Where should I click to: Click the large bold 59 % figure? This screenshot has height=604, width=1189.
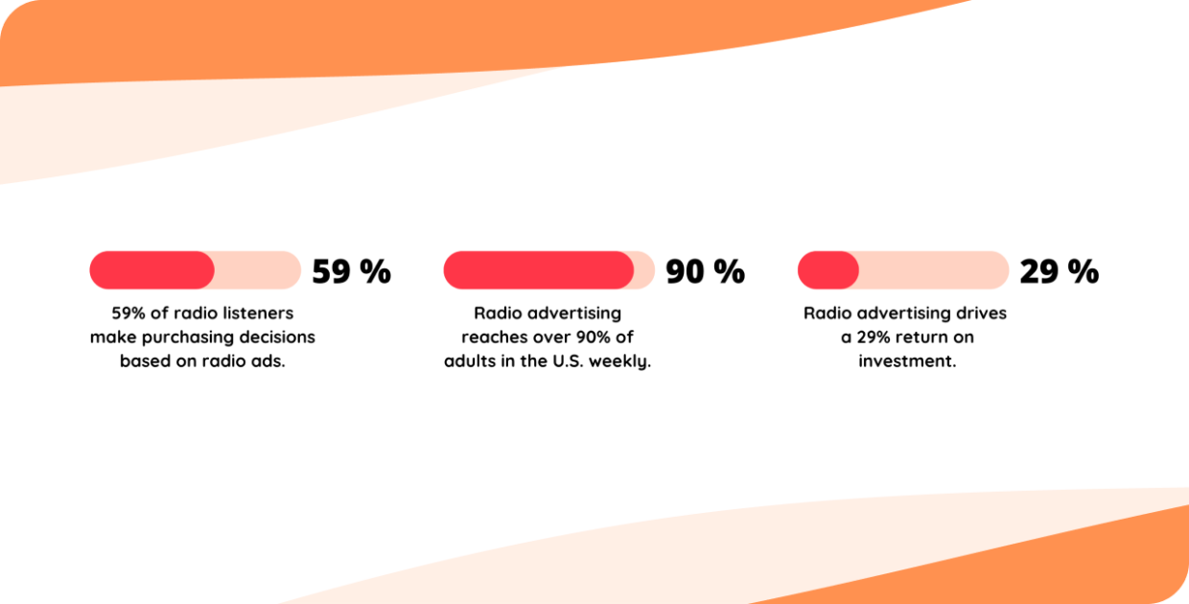coord(351,272)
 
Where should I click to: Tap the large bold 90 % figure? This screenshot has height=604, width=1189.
coord(705,272)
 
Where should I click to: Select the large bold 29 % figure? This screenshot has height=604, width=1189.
coord(1059,272)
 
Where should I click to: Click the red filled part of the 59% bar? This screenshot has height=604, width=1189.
coord(152,270)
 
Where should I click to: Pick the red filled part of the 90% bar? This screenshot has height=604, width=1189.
coord(537,270)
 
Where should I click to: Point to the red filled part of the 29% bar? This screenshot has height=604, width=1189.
coord(828,270)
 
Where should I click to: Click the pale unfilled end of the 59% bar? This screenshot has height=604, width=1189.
coord(258,270)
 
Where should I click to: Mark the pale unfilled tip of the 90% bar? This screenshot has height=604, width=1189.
coord(644,270)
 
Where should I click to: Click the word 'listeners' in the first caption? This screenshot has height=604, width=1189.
coord(257,314)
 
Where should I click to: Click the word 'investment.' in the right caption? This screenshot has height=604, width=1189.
coord(907,361)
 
